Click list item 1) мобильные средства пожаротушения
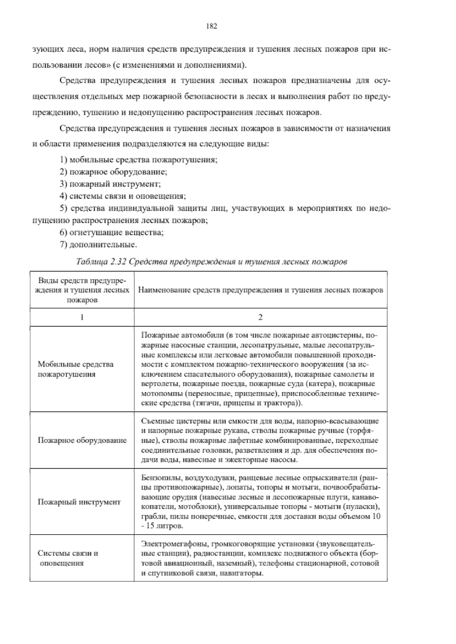tap(138, 159)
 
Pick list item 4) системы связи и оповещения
tap(122, 196)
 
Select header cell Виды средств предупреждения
tap(82, 290)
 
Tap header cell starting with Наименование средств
tap(261, 290)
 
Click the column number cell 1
tap(82, 317)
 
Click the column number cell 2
tap(261, 317)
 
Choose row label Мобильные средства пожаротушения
tap(75, 369)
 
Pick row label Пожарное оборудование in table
tap(82, 440)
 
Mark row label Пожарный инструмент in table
tap(79, 502)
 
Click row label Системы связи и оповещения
tap(68, 558)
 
